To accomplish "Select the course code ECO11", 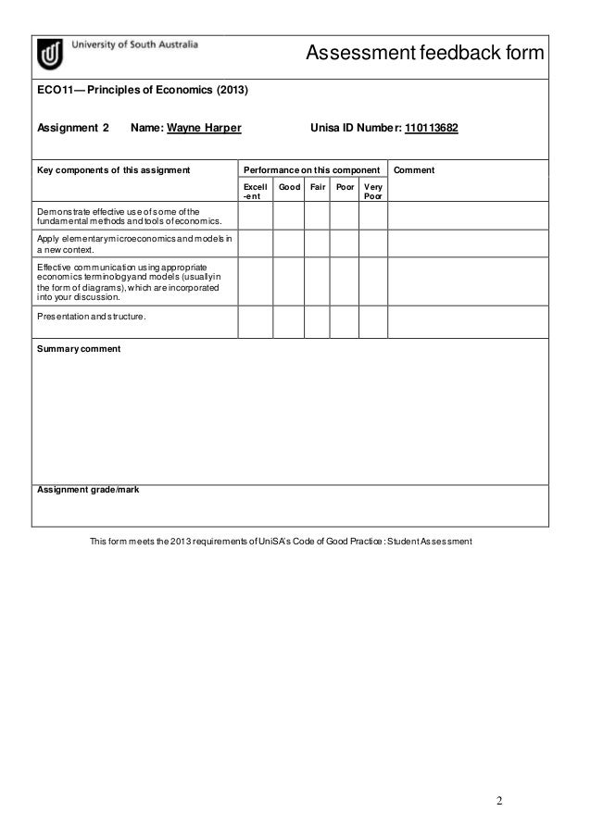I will [53, 93].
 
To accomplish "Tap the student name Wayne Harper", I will [204, 128].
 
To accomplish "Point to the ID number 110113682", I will [432, 128].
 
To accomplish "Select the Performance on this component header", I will [311, 170].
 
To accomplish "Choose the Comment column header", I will [414, 170].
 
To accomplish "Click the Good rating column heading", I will [289, 186].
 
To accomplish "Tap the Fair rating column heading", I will [317, 186].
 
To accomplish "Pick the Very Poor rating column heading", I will [372, 191].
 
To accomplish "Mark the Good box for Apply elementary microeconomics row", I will [289, 243].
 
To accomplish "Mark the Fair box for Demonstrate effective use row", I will [317, 216].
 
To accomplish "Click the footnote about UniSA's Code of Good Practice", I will [280, 541].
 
